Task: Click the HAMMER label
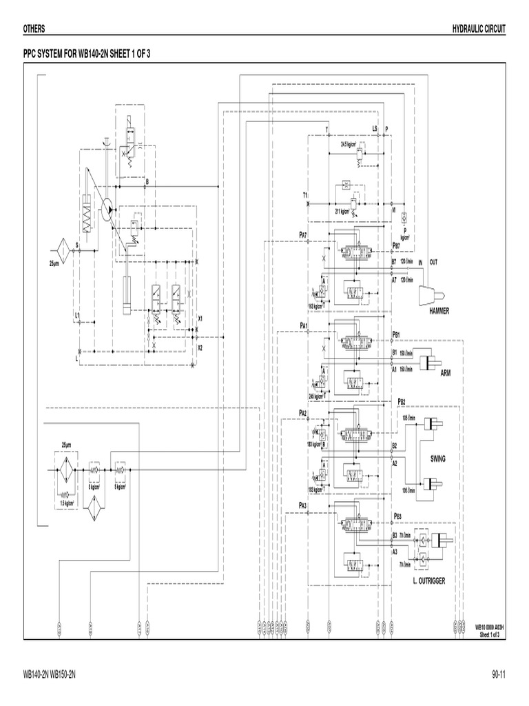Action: tap(439, 311)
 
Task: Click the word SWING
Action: tap(439, 458)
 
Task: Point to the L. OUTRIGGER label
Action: tap(428, 581)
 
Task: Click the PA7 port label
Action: tap(302, 235)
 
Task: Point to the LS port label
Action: tap(375, 128)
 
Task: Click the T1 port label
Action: tap(304, 195)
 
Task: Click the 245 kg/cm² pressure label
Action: tap(318, 396)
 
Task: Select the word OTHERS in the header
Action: tap(35, 28)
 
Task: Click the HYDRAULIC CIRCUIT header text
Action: tap(479, 28)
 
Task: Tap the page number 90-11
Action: tap(499, 673)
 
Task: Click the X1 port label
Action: tap(200, 319)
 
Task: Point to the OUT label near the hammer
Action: tap(433, 262)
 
